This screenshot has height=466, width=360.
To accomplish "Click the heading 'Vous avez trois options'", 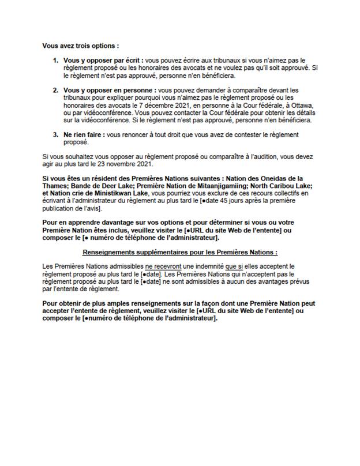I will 81,45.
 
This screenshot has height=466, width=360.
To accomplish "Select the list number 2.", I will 55,91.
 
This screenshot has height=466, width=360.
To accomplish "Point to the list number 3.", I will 55,134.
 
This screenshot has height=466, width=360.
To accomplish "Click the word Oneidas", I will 260,178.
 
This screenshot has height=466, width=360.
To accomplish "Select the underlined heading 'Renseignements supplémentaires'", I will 180,253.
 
